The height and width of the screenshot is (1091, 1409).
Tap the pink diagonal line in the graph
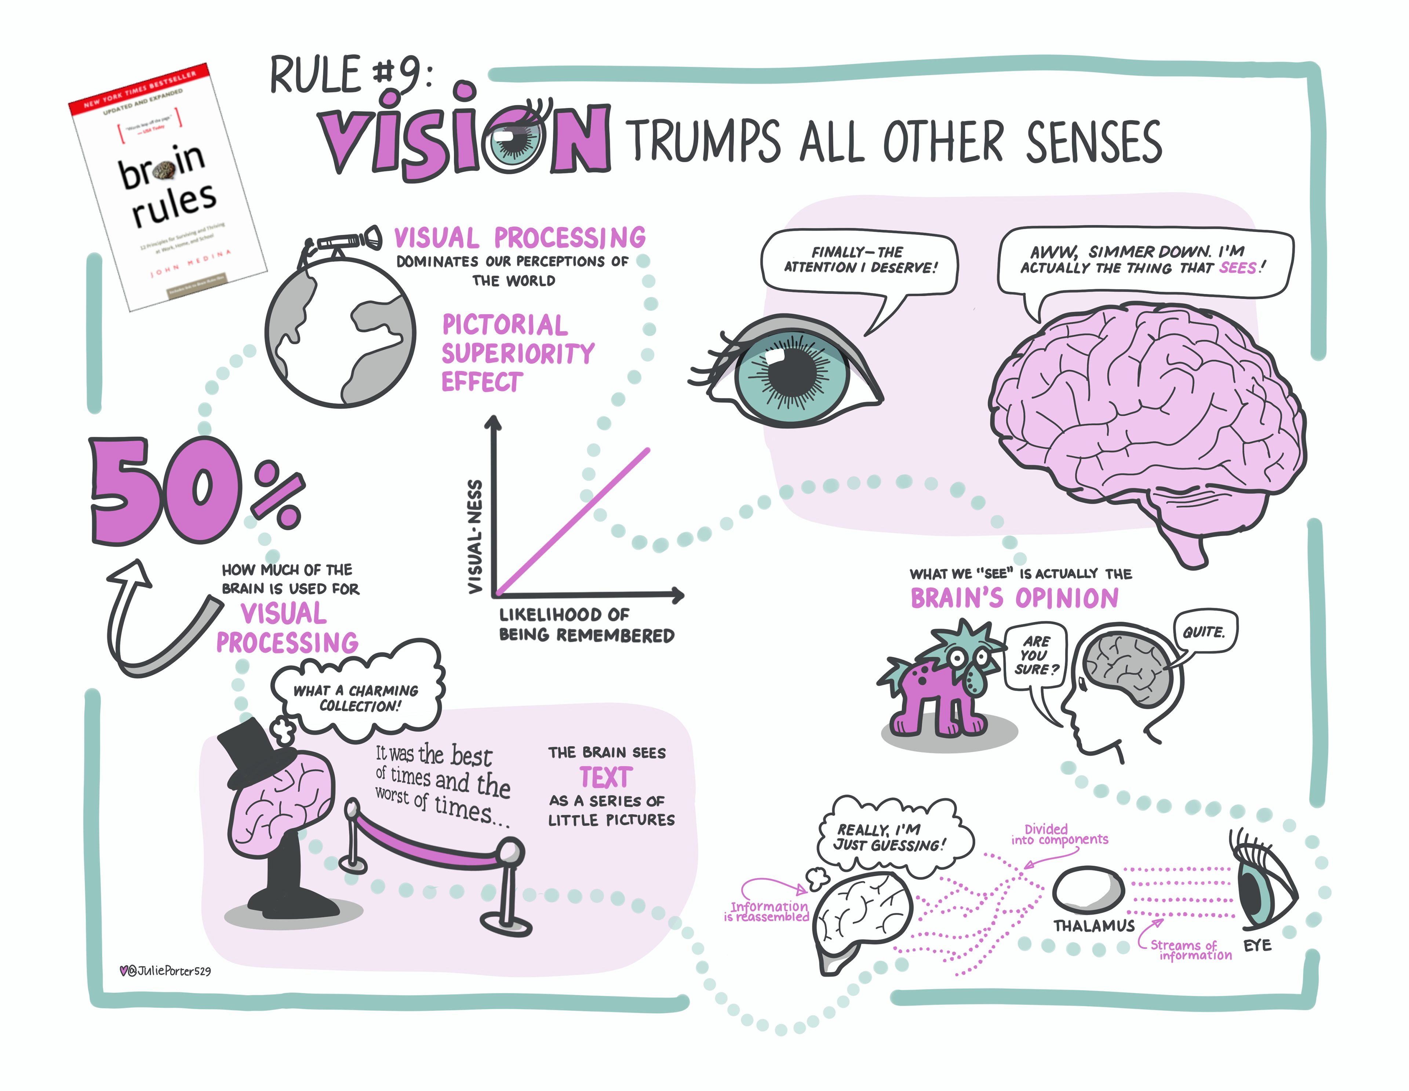click(573, 521)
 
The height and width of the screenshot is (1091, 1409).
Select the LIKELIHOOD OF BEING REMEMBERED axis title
click(586, 625)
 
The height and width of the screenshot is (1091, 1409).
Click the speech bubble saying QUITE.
click(1204, 632)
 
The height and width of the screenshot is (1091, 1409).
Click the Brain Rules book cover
click(168, 187)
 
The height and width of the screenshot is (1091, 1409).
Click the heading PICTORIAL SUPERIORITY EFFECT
click(516, 353)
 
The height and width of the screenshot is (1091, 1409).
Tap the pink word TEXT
click(606, 778)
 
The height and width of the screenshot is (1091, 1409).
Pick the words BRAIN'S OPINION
click(1014, 598)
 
